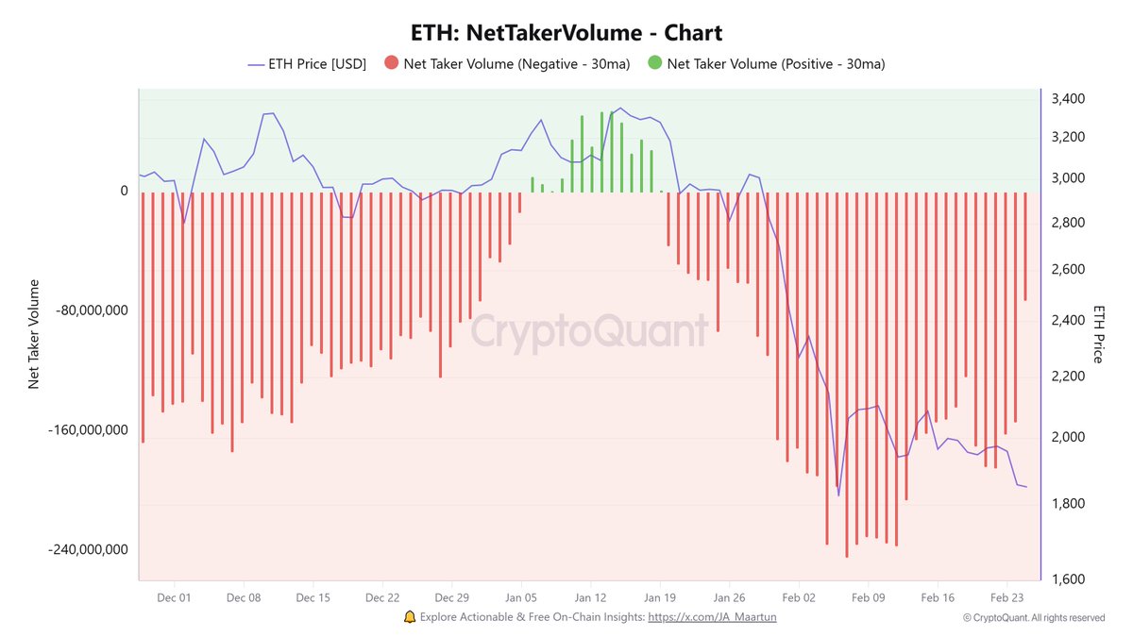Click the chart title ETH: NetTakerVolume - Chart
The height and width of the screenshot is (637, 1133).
point(566,32)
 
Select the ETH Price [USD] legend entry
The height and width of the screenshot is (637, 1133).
point(307,64)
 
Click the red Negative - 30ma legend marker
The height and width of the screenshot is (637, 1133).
point(391,64)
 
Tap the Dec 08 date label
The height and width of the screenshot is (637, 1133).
point(244,597)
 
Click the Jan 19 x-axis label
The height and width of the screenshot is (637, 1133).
point(660,597)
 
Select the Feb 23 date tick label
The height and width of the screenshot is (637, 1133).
point(1006,597)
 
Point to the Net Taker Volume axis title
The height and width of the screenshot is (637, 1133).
point(34,333)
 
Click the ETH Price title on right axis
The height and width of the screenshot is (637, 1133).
point(1098,333)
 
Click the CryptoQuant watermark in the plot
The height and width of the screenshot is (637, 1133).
point(589,331)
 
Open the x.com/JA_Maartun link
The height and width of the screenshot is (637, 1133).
point(713,617)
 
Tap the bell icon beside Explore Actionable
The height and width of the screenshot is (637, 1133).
point(409,617)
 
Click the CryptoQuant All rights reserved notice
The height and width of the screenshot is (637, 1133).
point(1034,618)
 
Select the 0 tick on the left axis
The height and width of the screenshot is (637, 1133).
point(124,191)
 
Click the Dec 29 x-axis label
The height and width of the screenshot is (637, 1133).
point(451,597)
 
